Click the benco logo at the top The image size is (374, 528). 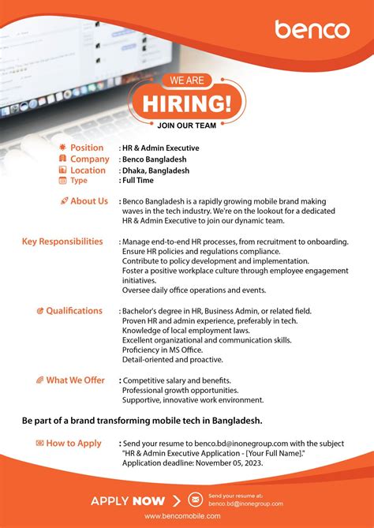(x=312, y=30)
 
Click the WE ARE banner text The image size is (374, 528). (x=187, y=80)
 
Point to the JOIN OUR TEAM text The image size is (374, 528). (x=187, y=124)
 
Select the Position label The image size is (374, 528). (x=87, y=148)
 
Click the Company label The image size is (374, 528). (x=89, y=159)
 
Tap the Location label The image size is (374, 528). (x=88, y=170)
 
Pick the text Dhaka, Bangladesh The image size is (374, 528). (x=155, y=170)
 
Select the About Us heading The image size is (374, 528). (x=88, y=201)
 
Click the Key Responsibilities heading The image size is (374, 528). (x=62, y=242)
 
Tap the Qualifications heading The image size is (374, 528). (x=73, y=311)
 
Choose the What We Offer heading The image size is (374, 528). (x=75, y=380)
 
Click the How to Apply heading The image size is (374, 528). (x=73, y=444)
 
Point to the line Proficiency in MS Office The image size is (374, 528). (x=163, y=350)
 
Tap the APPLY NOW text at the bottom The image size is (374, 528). (x=128, y=500)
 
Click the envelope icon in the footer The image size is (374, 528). (x=195, y=500)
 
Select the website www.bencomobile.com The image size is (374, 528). (x=186, y=522)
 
